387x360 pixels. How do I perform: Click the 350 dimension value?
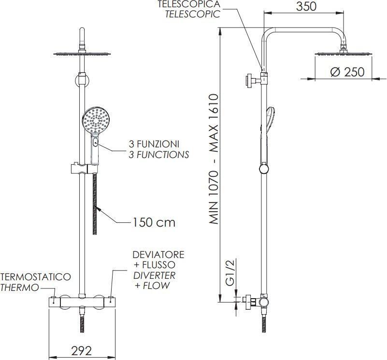tap(306, 7)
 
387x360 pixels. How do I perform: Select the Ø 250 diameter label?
tap(347, 72)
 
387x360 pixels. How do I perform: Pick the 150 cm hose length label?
tap(154, 223)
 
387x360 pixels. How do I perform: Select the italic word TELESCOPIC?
tap(192, 14)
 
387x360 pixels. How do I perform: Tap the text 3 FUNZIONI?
tap(154, 144)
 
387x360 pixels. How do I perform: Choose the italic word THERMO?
tap(20, 288)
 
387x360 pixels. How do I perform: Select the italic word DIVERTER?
tap(154, 275)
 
